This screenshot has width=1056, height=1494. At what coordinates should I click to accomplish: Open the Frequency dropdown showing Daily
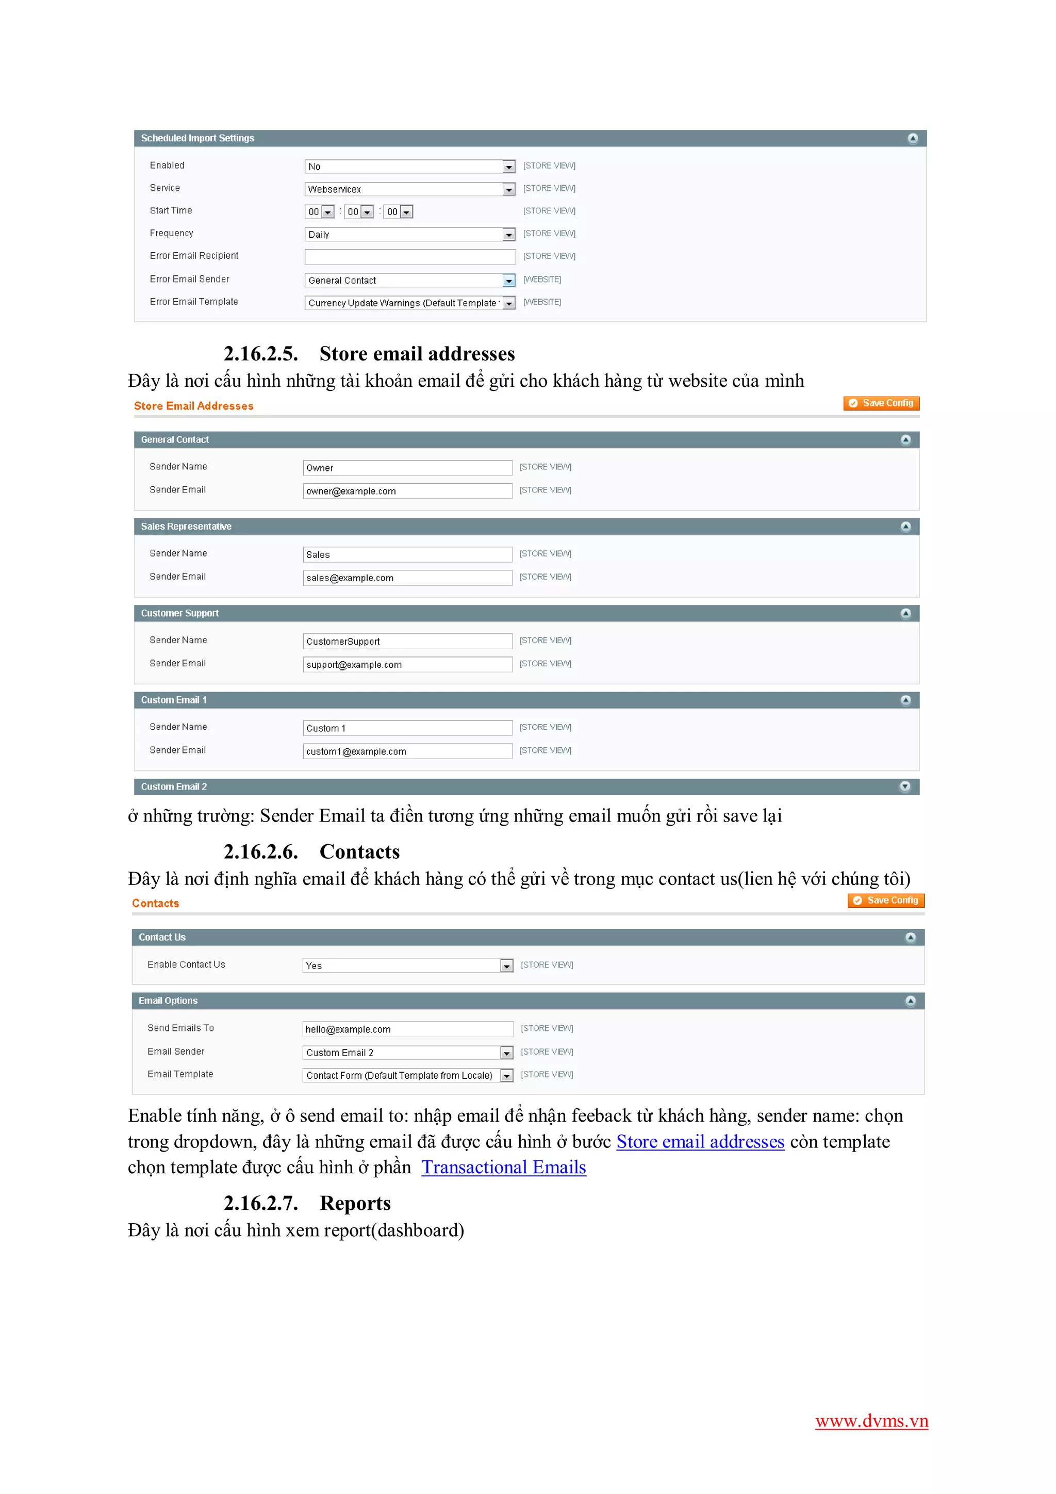[409, 234]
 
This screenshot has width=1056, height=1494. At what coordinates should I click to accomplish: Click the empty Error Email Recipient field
[409, 256]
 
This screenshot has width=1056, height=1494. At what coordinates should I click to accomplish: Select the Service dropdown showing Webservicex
[409, 189]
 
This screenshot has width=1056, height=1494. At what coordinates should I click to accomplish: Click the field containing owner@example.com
[407, 491]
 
